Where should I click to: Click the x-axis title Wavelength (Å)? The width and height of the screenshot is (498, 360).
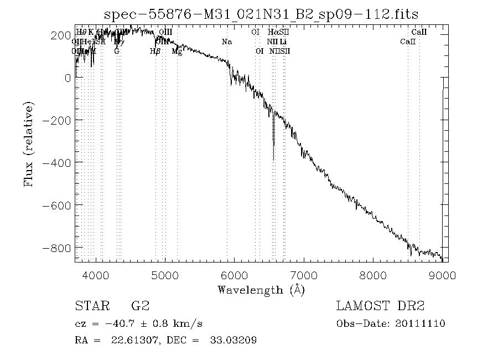261,290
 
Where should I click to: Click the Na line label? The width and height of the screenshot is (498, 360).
227,42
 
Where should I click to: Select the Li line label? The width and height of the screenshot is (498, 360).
283,42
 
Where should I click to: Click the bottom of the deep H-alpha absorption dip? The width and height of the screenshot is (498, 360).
273,160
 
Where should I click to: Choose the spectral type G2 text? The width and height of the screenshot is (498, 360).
139,306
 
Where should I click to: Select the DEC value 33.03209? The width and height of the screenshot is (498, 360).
233,340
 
